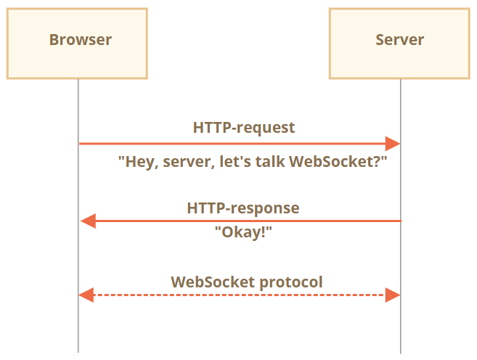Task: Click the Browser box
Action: click(x=78, y=44)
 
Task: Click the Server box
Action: click(x=399, y=44)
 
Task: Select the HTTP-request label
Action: click(x=244, y=128)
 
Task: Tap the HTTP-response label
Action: click(x=243, y=208)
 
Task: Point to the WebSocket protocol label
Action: click(x=247, y=282)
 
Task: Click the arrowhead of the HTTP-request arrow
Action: click(x=393, y=144)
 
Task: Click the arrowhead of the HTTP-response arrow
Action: click(x=88, y=221)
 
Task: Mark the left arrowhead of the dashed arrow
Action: click(x=86, y=295)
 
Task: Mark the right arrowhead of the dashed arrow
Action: click(x=393, y=295)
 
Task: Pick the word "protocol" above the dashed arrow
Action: click(x=293, y=282)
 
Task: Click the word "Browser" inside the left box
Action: click(x=81, y=39)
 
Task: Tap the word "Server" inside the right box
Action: click(x=399, y=39)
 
